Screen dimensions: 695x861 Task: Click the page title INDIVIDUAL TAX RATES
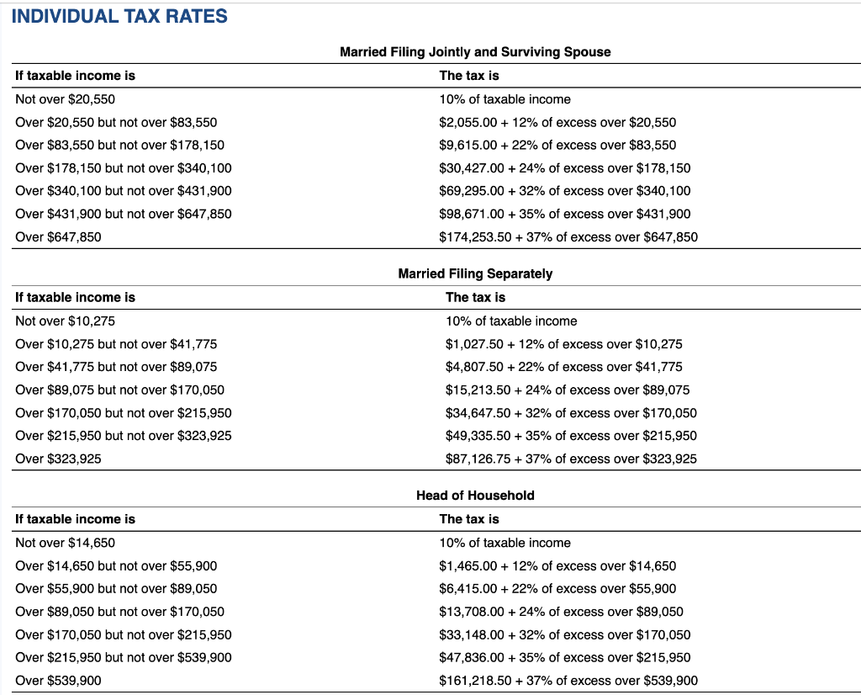tap(119, 16)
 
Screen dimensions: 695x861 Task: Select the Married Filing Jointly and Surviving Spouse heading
tap(475, 52)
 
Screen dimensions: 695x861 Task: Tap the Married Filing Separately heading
tap(475, 273)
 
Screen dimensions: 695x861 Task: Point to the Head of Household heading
tap(475, 496)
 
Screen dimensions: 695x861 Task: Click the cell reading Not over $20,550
tap(66, 99)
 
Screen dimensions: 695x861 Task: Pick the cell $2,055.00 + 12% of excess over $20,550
tap(557, 122)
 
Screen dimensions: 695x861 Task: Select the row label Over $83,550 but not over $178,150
tap(120, 145)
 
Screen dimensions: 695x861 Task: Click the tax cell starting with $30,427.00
tap(565, 167)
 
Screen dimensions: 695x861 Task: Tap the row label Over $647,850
tap(58, 236)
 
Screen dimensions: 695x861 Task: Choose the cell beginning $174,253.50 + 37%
tap(568, 236)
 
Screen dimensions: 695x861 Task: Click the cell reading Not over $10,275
tap(66, 321)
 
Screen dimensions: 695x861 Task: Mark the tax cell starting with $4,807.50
tap(563, 367)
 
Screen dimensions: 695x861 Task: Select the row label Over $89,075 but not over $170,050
tap(120, 390)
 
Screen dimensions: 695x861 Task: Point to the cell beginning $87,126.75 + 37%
tap(571, 459)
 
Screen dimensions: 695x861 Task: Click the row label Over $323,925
tap(58, 459)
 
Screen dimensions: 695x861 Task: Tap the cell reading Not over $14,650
tap(66, 543)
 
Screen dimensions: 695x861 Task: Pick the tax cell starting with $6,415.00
tap(557, 589)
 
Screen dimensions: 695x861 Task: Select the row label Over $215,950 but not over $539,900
tap(124, 657)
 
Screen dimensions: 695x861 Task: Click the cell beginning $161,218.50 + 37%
tap(568, 681)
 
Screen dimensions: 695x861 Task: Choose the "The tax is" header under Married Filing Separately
tap(475, 297)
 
